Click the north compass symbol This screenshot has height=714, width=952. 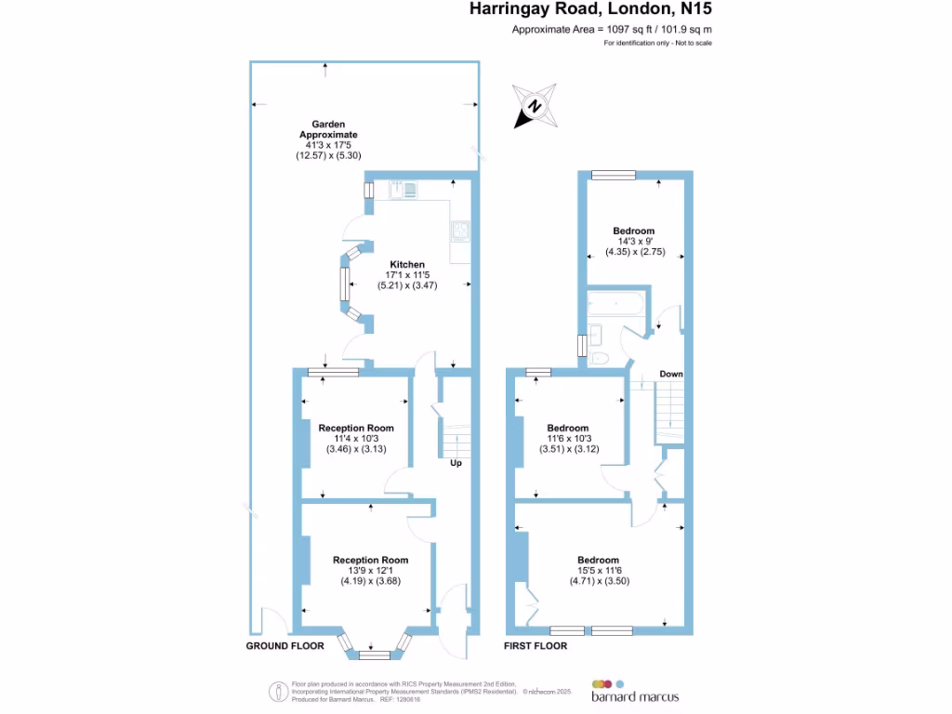point(535,105)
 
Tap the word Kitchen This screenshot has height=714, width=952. point(407,263)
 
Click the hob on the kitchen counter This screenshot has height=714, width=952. point(460,230)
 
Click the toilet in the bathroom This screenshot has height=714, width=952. point(600,357)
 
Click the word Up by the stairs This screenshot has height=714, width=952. point(456,463)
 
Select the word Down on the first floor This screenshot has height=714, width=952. point(671,374)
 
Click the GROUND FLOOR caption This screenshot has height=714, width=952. point(284,645)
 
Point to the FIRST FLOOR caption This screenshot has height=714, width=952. point(535,645)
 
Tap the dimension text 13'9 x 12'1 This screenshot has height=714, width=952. point(371,571)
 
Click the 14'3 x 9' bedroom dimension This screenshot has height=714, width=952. point(633,241)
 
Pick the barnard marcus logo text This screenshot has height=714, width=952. point(635,696)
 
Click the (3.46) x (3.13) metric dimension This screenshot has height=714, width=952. point(355,449)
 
